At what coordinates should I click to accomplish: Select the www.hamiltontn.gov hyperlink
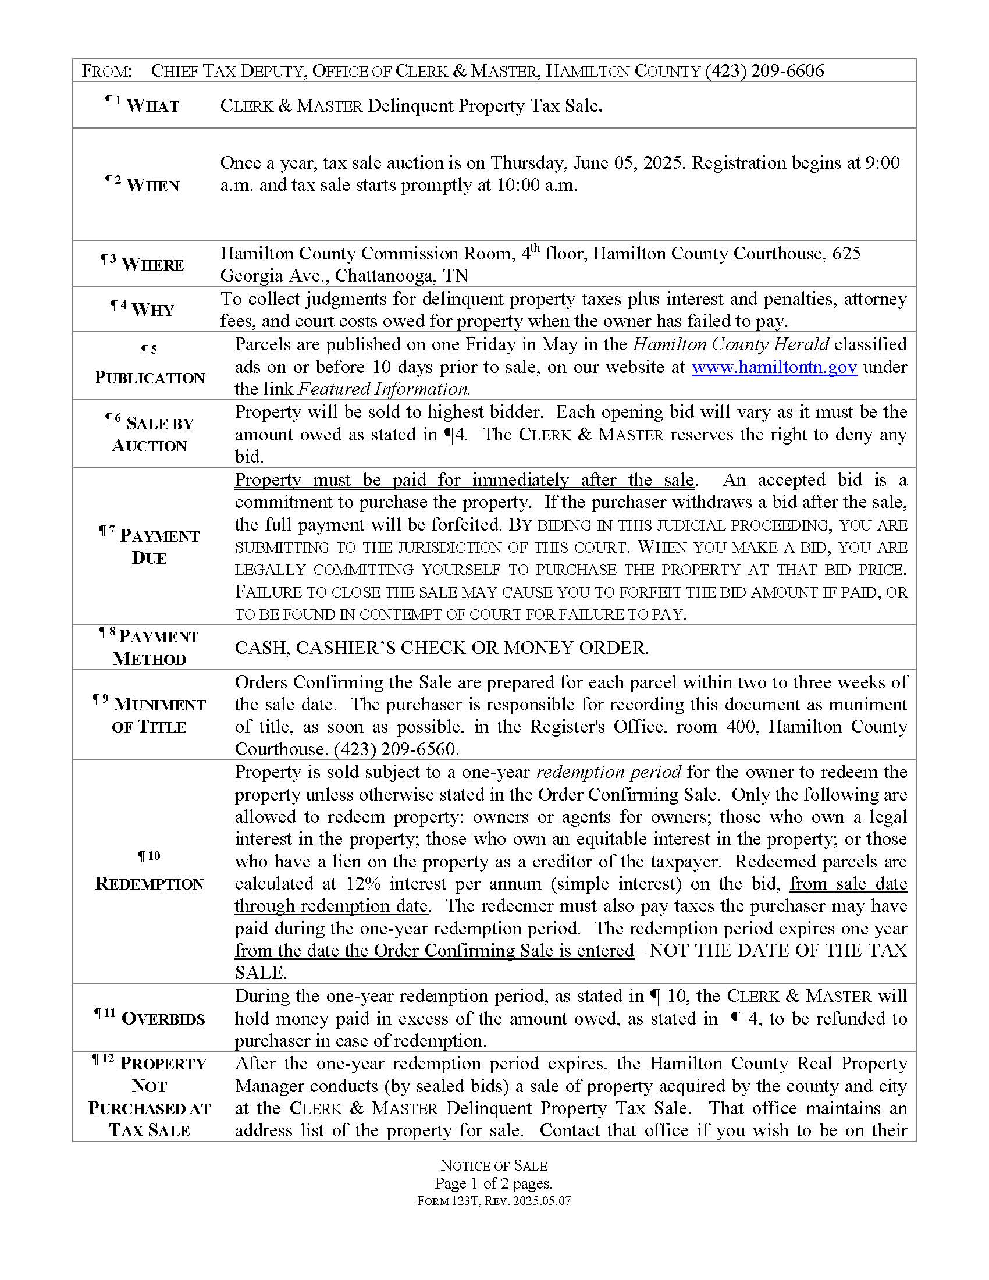coord(774,367)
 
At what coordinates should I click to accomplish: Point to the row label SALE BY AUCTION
coord(150,434)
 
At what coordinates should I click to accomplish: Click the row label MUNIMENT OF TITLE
coord(150,715)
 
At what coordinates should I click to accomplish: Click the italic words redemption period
coord(608,772)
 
